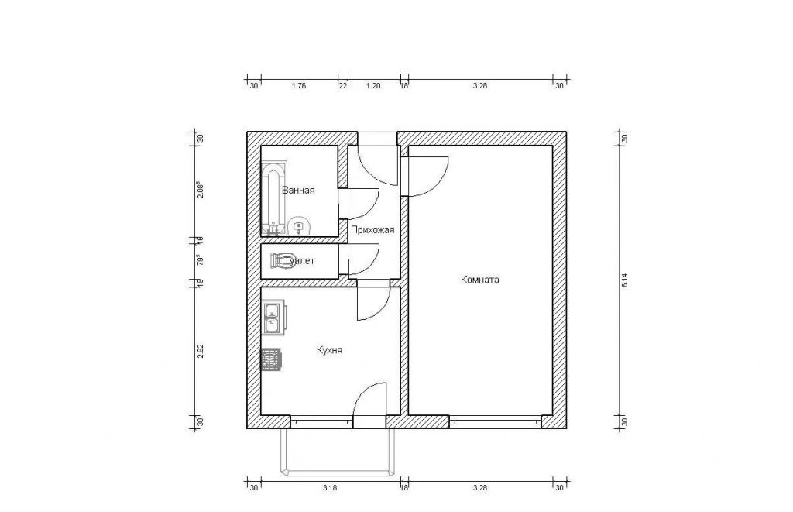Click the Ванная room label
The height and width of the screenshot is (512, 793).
298,191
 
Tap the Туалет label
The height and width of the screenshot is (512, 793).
300,261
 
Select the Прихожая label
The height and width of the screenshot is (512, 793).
372,230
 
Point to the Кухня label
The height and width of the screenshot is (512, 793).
330,350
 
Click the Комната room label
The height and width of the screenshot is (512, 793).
480,280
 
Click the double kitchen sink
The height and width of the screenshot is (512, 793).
273,318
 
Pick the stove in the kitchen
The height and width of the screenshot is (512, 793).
271,359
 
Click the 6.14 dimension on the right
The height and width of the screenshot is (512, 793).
624,280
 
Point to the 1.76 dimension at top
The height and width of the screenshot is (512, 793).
299,86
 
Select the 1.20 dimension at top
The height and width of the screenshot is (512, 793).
372,86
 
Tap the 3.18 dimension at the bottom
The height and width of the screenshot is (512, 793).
329,488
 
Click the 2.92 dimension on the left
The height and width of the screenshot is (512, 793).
201,351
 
